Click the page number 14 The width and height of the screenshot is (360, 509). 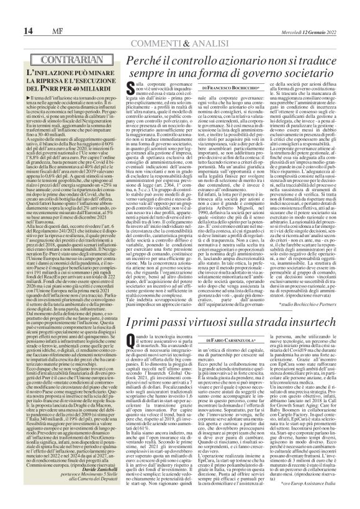(x=11, y=13)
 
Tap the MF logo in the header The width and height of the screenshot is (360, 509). (x=29, y=14)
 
